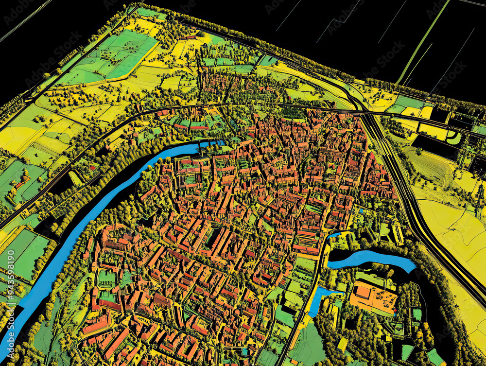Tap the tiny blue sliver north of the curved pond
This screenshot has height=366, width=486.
pos(334,235)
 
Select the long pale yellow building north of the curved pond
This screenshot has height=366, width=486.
pos(398,233)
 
